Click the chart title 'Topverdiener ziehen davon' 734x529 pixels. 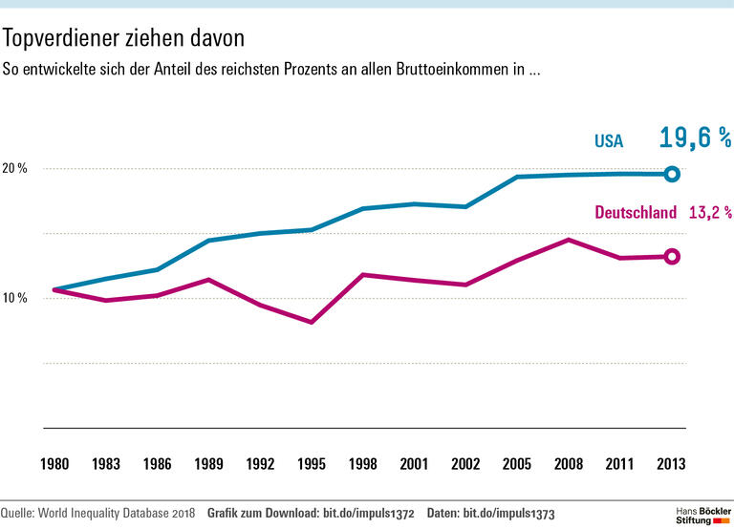124,39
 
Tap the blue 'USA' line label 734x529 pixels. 609,141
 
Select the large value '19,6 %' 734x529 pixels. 695,138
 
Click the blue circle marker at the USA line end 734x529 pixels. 672,174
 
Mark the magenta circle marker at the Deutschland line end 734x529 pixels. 672,256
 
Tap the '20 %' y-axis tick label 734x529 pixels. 15,169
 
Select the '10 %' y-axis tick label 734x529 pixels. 15,299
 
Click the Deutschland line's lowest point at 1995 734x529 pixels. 312,322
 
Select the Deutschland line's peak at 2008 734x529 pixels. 570,240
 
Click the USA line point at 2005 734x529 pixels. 518,177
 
